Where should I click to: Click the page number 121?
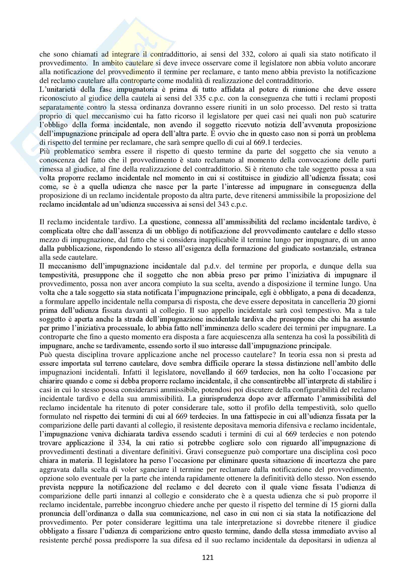click(208, 558)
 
